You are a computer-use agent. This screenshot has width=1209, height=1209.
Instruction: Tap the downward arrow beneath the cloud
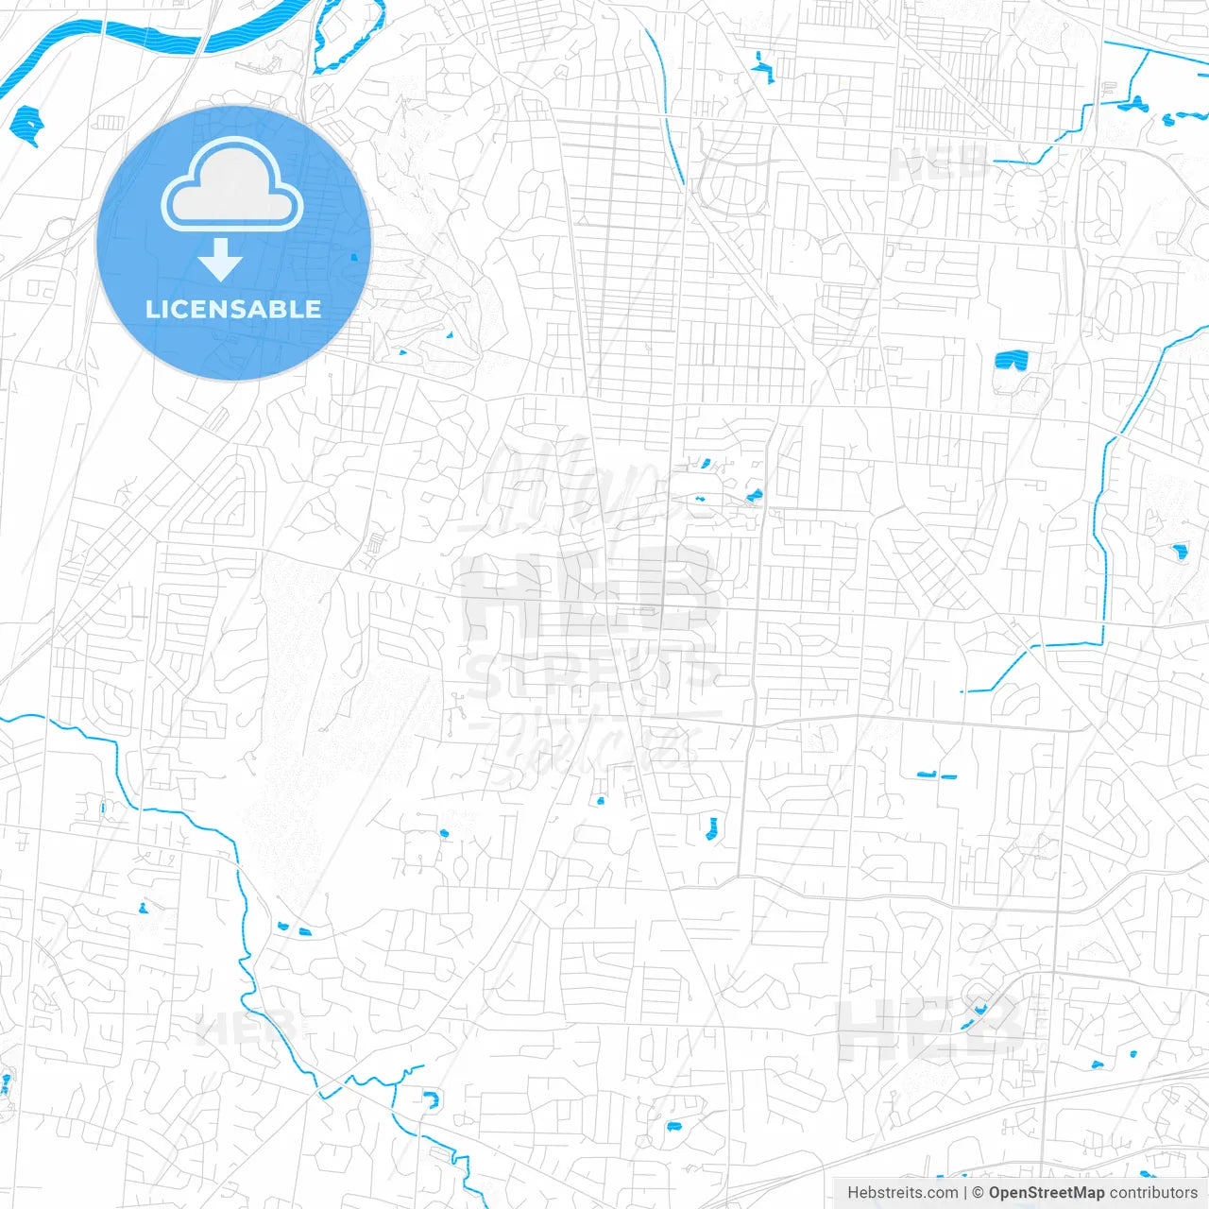pyautogui.click(x=221, y=260)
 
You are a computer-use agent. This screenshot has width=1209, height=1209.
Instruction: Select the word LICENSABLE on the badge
pyautogui.click(x=233, y=309)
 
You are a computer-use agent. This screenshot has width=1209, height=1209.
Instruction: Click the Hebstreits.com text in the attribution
pyautogui.click(x=902, y=1193)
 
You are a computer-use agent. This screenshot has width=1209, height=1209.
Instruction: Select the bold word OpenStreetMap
pyautogui.click(x=1046, y=1193)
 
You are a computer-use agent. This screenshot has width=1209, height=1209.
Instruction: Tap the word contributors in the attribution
pyautogui.click(x=1153, y=1193)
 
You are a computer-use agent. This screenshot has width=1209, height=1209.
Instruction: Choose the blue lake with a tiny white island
pyautogui.click(x=28, y=123)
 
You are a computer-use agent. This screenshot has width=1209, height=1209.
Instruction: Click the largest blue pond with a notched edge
pyautogui.click(x=1011, y=360)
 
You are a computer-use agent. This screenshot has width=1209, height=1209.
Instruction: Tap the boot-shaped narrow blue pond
pyautogui.click(x=713, y=829)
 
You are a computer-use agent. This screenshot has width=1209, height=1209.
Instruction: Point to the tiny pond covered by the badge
pyautogui.click(x=354, y=257)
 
